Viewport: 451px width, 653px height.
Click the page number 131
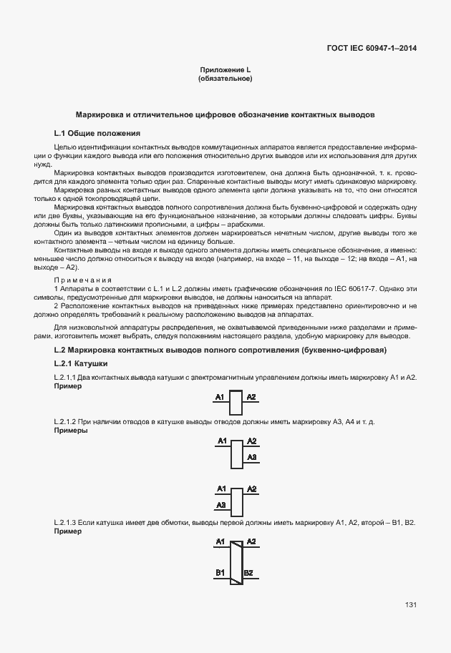coord(411,605)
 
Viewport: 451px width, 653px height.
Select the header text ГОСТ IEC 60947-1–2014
coord(371,49)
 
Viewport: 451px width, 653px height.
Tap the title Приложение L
coord(225,69)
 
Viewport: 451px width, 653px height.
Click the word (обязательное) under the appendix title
coord(225,79)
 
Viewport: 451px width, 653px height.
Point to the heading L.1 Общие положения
coord(97,133)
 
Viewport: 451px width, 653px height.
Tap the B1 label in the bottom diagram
coord(220,572)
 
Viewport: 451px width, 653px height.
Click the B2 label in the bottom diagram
coord(248,572)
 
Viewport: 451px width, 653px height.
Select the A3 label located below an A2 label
coord(251,456)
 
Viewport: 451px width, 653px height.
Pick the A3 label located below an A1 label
coord(221,504)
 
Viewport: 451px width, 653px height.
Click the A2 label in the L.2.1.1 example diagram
coord(251,396)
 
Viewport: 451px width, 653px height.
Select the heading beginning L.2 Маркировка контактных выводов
coord(220,350)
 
